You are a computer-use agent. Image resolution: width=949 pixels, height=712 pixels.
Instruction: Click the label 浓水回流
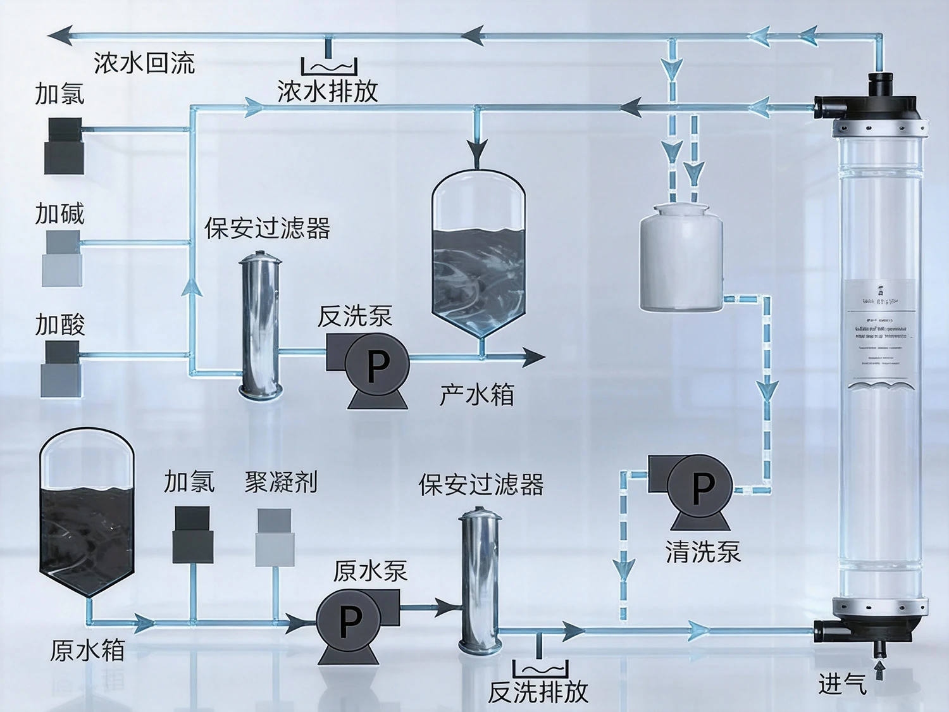[144, 63]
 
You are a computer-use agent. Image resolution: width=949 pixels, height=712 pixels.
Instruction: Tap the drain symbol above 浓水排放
[329, 66]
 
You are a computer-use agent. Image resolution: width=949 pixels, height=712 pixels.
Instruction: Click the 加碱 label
[59, 213]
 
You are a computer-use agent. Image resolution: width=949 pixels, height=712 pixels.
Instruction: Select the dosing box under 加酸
[62, 370]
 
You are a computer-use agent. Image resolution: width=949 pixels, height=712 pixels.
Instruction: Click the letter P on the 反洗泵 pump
[378, 365]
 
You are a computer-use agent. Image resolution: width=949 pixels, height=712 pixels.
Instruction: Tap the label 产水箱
[477, 394]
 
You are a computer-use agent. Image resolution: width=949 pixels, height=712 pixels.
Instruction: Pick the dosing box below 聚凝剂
[275, 538]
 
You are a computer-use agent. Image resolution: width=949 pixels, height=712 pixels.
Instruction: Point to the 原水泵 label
[370, 571]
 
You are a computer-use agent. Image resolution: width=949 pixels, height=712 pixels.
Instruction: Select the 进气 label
[841, 684]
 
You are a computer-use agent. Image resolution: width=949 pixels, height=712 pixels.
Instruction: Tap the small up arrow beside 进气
[879, 670]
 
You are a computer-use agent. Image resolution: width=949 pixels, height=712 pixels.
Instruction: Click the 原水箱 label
[87, 650]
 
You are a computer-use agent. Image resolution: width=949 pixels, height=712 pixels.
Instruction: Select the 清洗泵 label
[703, 551]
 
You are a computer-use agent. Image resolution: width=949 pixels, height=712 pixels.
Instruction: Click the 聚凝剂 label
[281, 482]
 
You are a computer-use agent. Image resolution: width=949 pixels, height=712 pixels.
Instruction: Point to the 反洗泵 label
[355, 316]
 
